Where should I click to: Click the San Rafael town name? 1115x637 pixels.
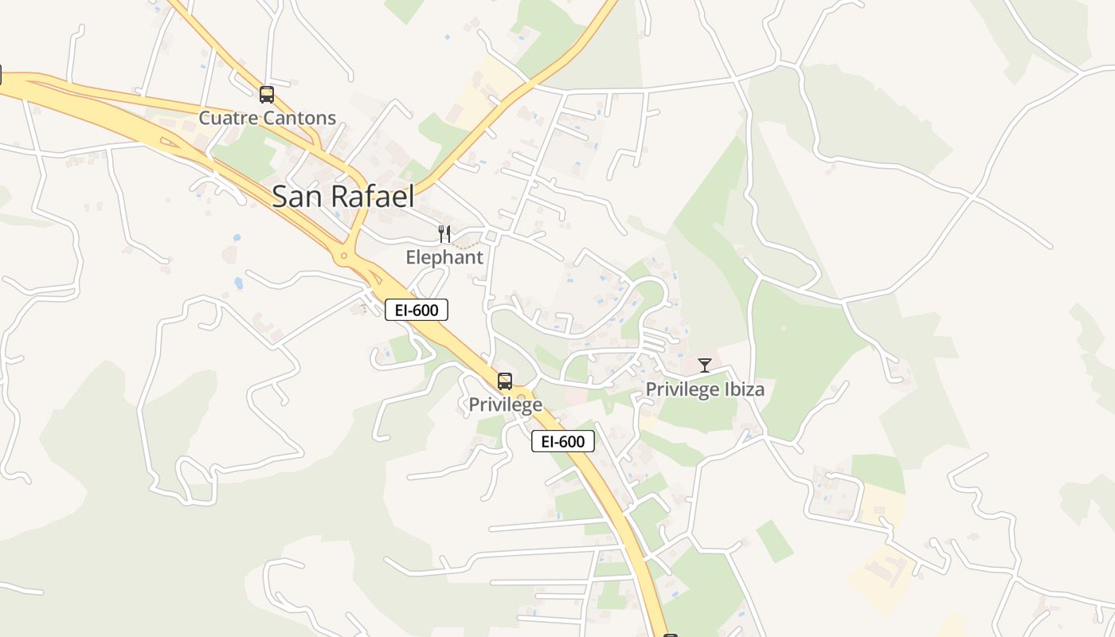[x=342, y=196]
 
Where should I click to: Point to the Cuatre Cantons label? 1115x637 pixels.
[x=267, y=119]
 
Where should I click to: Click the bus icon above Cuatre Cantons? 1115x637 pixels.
[x=267, y=95]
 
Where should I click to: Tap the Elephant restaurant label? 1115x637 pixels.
[x=444, y=257]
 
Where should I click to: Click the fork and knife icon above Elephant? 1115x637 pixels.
[x=444, y=234]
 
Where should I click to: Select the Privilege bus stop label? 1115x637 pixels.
[x=505, y=404]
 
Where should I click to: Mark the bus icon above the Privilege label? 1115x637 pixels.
[x=505, y=381]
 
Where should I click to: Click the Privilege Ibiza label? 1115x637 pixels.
[x=705, y=389]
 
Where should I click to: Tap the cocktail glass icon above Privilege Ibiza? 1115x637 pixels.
[x=705, y=365]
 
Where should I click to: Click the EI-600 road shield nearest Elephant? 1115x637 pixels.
[x=417, y=310]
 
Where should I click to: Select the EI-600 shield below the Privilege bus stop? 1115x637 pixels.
[x=563, y=441]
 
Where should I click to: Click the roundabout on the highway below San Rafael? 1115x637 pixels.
[x=344, y=256]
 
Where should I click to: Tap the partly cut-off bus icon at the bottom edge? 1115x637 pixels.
[x=671, y=635]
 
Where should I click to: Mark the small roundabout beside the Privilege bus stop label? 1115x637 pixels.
[x=522, y=396]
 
